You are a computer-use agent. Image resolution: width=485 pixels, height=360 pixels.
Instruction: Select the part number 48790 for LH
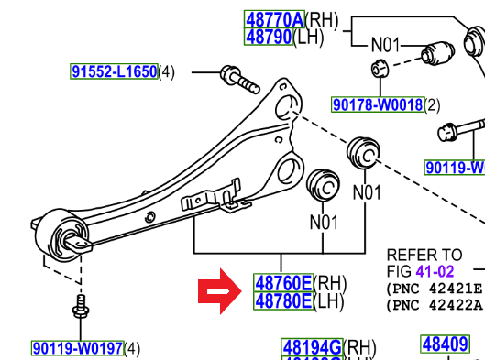coord(268,37)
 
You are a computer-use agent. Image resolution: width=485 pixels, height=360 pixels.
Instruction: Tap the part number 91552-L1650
coord(115,71)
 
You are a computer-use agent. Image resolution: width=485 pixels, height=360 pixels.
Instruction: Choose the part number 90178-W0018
coord(378,105)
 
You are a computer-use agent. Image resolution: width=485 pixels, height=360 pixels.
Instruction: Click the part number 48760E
coord(283,283)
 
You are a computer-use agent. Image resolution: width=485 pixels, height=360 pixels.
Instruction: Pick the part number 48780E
coord(283,300)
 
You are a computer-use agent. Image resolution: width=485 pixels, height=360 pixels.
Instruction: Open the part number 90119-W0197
coord(77,348)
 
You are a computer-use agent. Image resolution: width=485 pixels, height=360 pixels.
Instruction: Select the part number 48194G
coord(312,348)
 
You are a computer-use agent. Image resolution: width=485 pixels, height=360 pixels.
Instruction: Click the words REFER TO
coord(424,256)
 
